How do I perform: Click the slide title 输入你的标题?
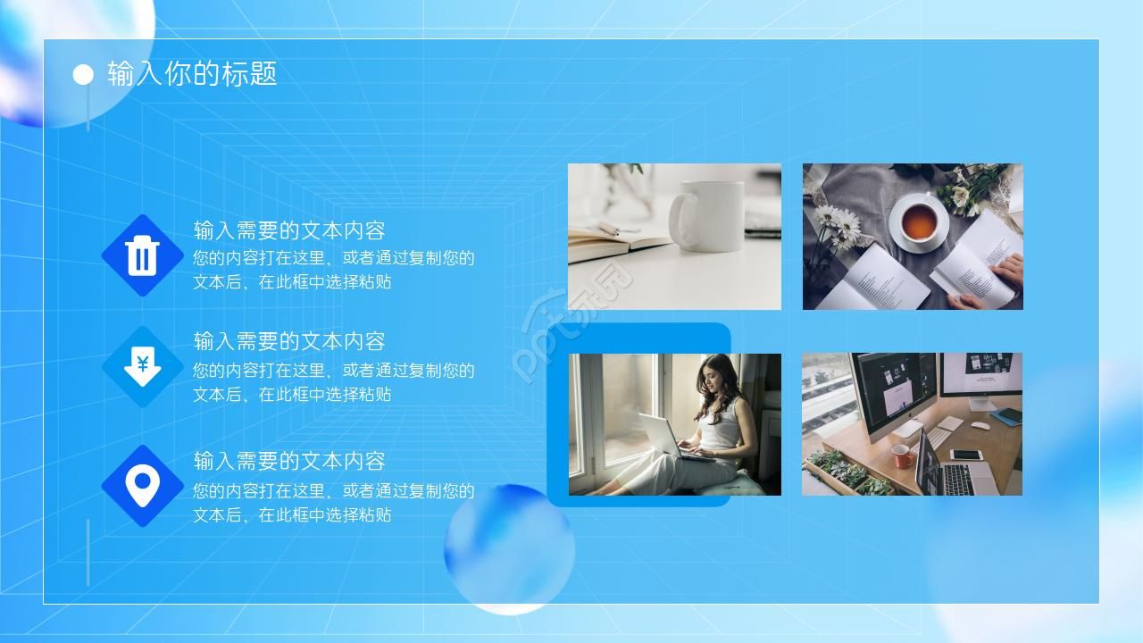(x=192, y=73)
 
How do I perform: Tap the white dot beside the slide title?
(x=83, y=75)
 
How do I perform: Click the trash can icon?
(x=142, y=255)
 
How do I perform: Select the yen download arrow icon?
(x=142, y=366)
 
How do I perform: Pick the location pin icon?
(x=142, y=485)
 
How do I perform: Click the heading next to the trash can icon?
(x=289, y=230)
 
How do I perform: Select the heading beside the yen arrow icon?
(x=289, y=341)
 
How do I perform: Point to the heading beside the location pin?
(x=289, y=461)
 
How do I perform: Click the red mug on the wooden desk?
(x=902, y=457)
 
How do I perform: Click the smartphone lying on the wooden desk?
(x=966, y=455)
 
